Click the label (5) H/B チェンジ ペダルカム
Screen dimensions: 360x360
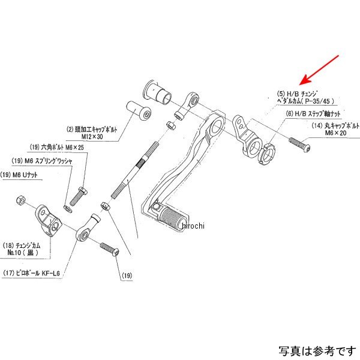pyautogui.click(x=304, y=98)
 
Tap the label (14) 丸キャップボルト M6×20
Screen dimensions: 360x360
pyautogui.click(x=335, y=129)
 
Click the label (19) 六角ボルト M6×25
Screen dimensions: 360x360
pyautogui.click(x=58, y=148)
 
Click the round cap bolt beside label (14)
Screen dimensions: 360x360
pyautogui.click(x=299, y=144)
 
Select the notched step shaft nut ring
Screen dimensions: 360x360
pyautogui.click(x=267, y=155)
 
